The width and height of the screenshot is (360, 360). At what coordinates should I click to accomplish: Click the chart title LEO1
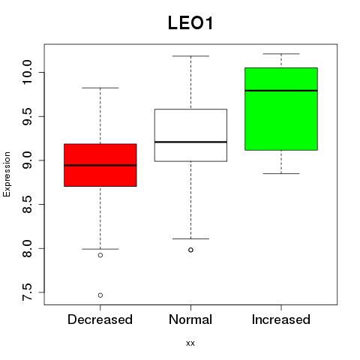(190, 23)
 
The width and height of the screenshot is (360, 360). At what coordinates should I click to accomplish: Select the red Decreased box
(100, 165)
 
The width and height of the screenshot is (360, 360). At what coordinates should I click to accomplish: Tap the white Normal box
(190, 135)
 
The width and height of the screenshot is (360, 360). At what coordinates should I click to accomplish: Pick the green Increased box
(281, 109)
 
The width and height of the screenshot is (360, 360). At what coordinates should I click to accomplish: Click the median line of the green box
(281, 91)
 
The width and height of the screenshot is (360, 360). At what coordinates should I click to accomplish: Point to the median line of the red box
(100, 165)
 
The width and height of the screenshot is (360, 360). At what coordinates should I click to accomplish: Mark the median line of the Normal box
(190, 142)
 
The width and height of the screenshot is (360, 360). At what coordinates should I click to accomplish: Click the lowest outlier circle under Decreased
(100, 295)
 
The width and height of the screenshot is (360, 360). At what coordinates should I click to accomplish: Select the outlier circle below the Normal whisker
(190, 250)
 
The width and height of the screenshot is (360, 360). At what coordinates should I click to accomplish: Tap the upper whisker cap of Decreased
(100, 88)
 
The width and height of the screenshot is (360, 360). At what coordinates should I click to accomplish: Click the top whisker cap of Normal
(190, 56)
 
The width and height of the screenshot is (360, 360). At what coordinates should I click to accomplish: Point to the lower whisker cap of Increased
(281, 173)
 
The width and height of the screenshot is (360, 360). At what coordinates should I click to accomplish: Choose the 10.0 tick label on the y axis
(27, 73)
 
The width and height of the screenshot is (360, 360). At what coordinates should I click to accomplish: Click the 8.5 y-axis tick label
(27, 204)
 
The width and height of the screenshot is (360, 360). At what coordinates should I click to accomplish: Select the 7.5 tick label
(27, 292)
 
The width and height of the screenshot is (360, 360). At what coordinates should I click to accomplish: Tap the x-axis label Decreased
(100, 319)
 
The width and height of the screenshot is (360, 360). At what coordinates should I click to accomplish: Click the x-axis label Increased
(281, 319)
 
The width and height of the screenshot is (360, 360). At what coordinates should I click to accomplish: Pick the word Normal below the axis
(190, 319)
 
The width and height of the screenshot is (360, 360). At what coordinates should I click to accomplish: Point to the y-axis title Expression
(7, 174)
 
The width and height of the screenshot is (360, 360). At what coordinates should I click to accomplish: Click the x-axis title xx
(190, 343)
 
